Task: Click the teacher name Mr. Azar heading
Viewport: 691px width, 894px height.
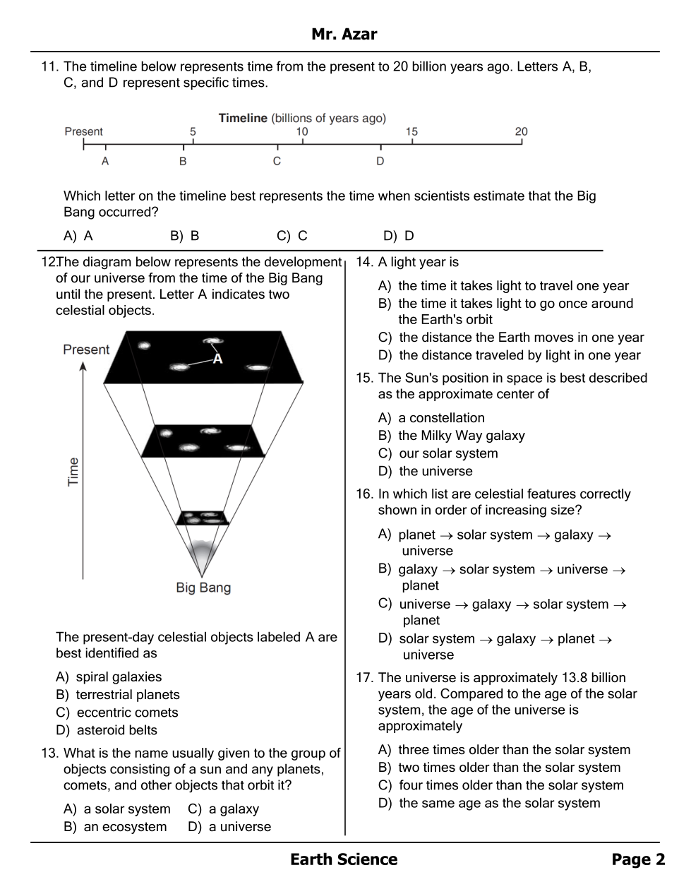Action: [344, 34]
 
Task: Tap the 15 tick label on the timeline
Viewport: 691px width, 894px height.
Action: [411, 131]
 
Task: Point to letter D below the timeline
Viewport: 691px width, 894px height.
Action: [380, 161]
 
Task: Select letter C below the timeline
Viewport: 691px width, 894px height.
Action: [277, 161]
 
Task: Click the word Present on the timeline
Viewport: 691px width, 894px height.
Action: [83, 131]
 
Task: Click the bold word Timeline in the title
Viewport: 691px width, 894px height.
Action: [243, 118]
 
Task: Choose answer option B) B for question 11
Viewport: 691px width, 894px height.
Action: [185, 236]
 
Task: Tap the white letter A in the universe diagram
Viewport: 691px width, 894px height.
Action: [217, 359]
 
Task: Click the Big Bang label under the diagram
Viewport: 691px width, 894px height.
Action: [203, 588]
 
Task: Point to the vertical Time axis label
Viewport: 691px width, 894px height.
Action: [73, 472]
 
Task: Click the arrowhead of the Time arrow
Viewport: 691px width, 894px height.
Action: [83, 367]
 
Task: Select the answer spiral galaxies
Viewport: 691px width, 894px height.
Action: [119, 677]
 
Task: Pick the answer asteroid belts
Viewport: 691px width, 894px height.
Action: [116, 730]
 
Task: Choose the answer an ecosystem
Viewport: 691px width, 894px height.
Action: [125, 827]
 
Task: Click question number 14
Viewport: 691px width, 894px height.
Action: [364, 263]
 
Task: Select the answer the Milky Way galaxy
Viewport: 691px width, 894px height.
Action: [461, 436]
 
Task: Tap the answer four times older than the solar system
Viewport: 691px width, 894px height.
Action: [510, 785]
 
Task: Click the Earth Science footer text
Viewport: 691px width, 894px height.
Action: [344, 859]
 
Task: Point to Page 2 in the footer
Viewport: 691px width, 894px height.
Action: [638, 859]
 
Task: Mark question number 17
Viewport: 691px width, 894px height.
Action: [364, 678]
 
